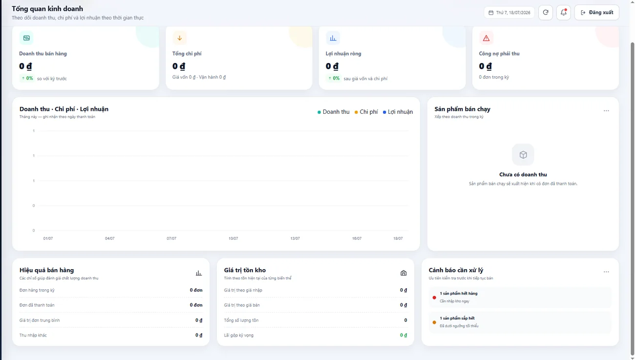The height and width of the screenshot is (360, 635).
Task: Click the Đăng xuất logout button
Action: (x=597, y=13)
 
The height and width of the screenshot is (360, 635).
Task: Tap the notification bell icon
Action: (x=564, y=13)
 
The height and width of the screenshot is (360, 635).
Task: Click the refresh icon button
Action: (x=546, y=13)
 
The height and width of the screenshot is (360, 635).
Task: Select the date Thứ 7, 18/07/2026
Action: (x=509, y=13)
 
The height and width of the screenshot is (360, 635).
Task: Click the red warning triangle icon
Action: (x=486, y=38)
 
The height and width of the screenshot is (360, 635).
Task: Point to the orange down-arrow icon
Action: (x=179, y=38)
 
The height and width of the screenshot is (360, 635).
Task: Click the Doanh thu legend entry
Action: (x=333, y=112)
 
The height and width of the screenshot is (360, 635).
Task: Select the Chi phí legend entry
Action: (x=366, y=112)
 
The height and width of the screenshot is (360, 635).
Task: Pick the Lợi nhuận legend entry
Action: (x=398, y=112)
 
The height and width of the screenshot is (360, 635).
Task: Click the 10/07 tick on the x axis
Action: (x=233, y=238)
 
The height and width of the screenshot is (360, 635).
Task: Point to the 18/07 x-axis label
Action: (x=398, y=238)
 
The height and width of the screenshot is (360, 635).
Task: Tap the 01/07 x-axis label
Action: (x=48, y=238)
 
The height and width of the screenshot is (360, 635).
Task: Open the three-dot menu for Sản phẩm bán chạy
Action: (x=606, y=111)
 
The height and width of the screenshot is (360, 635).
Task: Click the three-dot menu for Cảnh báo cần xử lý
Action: (x=606, y=272)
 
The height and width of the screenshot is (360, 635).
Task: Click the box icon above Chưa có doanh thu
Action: (x=523, y=155)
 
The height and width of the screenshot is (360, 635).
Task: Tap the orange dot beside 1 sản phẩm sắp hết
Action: (x=434, y=322)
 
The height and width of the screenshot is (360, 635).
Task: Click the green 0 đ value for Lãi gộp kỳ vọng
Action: (x=403, y=336)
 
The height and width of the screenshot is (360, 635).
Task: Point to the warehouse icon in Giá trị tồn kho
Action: (x=403, y=273)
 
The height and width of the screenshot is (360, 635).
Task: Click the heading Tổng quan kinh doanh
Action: (x=47, y=9)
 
